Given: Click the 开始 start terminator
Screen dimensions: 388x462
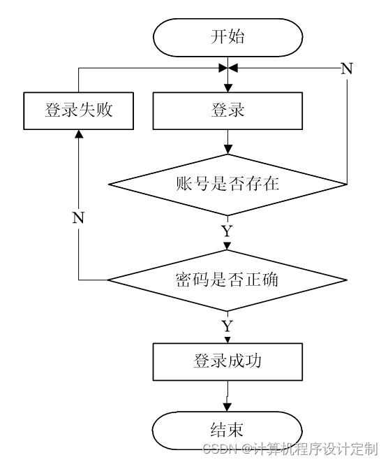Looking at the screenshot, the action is (227, 37).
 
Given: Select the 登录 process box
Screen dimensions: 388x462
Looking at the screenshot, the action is (227, 111).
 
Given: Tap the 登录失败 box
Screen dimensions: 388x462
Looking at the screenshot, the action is (79, 111).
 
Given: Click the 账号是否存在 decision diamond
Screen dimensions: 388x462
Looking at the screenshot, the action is (227, 185).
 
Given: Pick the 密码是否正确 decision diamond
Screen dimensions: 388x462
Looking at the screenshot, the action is (227, 280).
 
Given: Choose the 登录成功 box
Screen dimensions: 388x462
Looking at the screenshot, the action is (227, 361).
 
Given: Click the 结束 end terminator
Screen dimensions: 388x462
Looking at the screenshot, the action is (227, 431).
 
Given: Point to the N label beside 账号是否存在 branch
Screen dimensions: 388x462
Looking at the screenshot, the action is (347, 68).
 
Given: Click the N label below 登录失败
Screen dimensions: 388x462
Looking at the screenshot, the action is (78, 218).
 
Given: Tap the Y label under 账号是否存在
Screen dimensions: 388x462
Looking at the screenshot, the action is (227, 231).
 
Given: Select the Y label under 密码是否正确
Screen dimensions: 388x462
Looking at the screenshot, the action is (227, 326).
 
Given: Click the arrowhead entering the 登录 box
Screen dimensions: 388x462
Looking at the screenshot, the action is (228, 88).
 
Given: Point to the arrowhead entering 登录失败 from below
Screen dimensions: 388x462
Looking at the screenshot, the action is (79, 133).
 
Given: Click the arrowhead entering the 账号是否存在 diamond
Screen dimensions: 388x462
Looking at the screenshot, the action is (228, 150).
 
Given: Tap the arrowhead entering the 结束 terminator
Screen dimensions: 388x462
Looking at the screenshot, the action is (227, 407).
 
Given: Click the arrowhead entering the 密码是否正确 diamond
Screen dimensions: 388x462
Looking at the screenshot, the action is (227, 246).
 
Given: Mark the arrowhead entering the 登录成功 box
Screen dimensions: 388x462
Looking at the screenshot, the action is (227, 340).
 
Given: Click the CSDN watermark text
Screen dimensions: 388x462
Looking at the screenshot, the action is (290, 449).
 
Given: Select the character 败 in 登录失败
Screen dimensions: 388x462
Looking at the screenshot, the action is (104, 110).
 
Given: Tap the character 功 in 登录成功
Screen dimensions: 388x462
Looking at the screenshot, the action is (253, 361).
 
